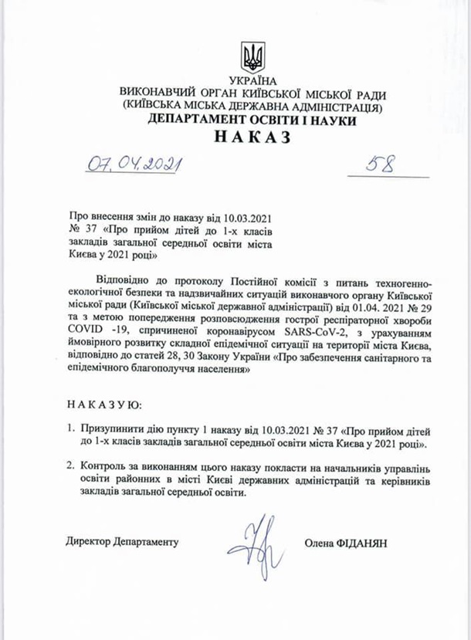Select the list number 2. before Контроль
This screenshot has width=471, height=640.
(x=70, y=468)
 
